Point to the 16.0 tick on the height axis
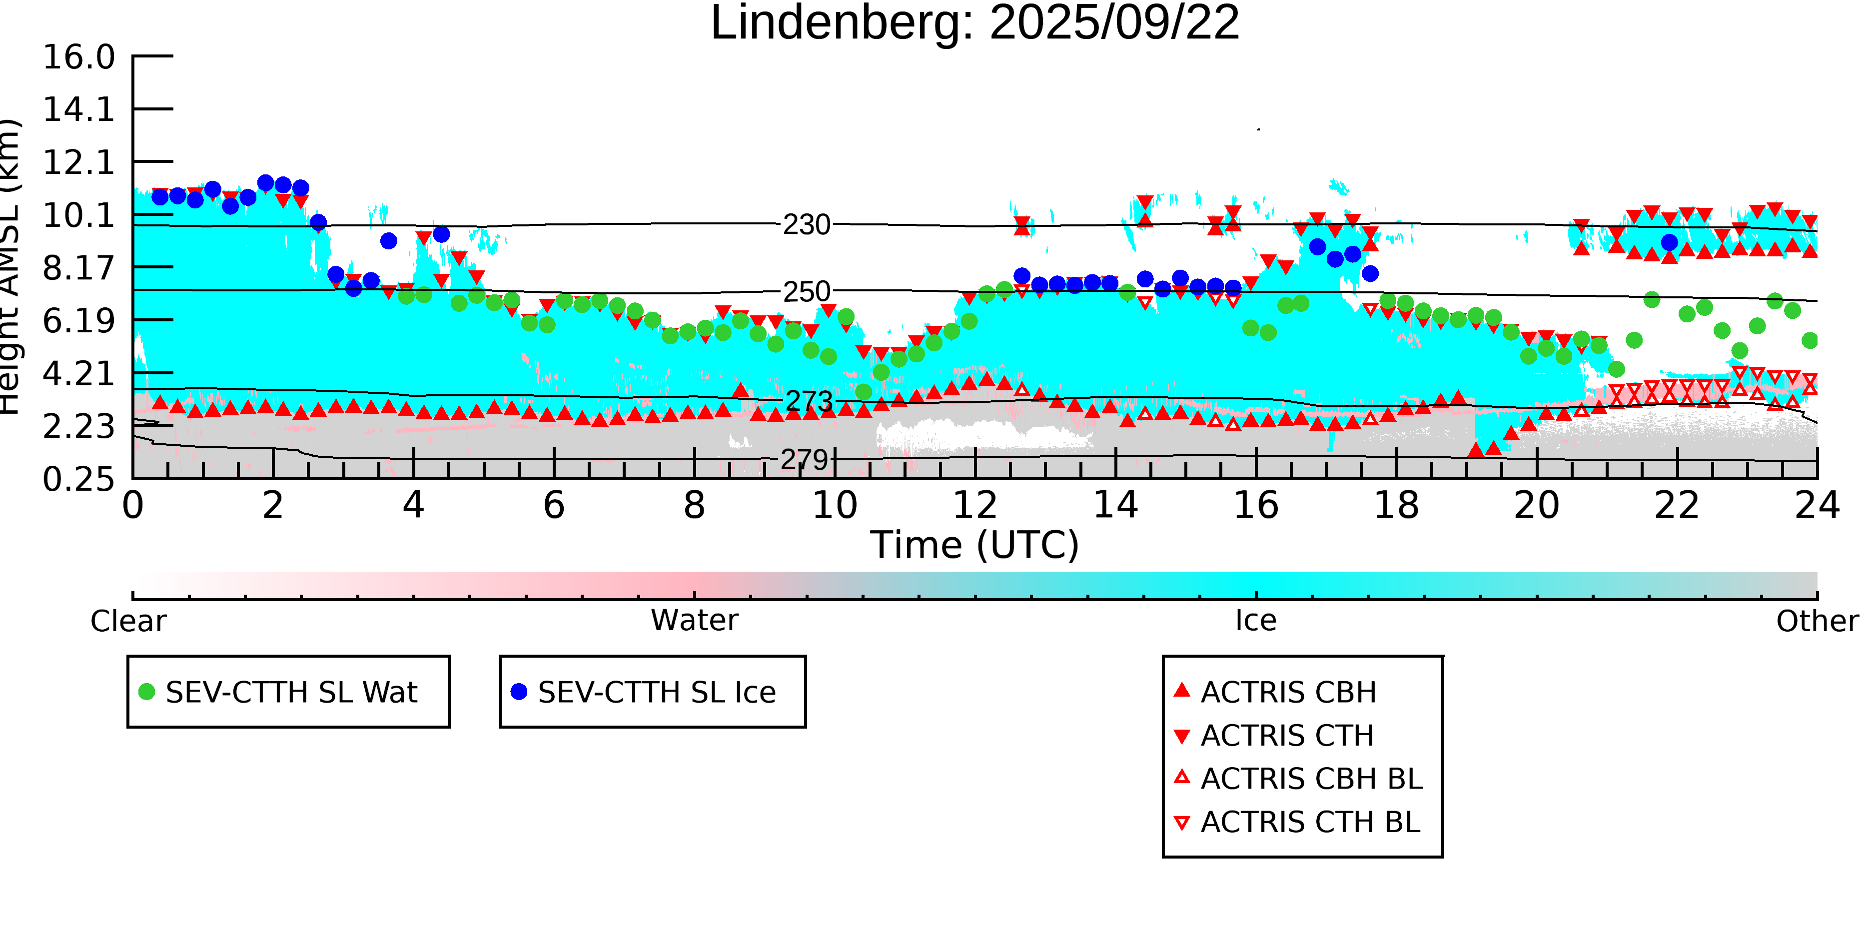click(78, 57)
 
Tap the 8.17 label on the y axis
click(78, 268)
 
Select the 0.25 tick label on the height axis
click(78, 479)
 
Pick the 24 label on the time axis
click(1817, 506)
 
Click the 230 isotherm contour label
click(806, 225)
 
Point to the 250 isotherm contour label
click(806, 292)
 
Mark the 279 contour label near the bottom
click(804, 460)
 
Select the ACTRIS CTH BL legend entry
click(1309, 822)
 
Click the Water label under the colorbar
click(694, 621)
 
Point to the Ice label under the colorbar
click(1256, 621)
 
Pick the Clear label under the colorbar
click(128, 621)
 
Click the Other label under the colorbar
click(1817, 621)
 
